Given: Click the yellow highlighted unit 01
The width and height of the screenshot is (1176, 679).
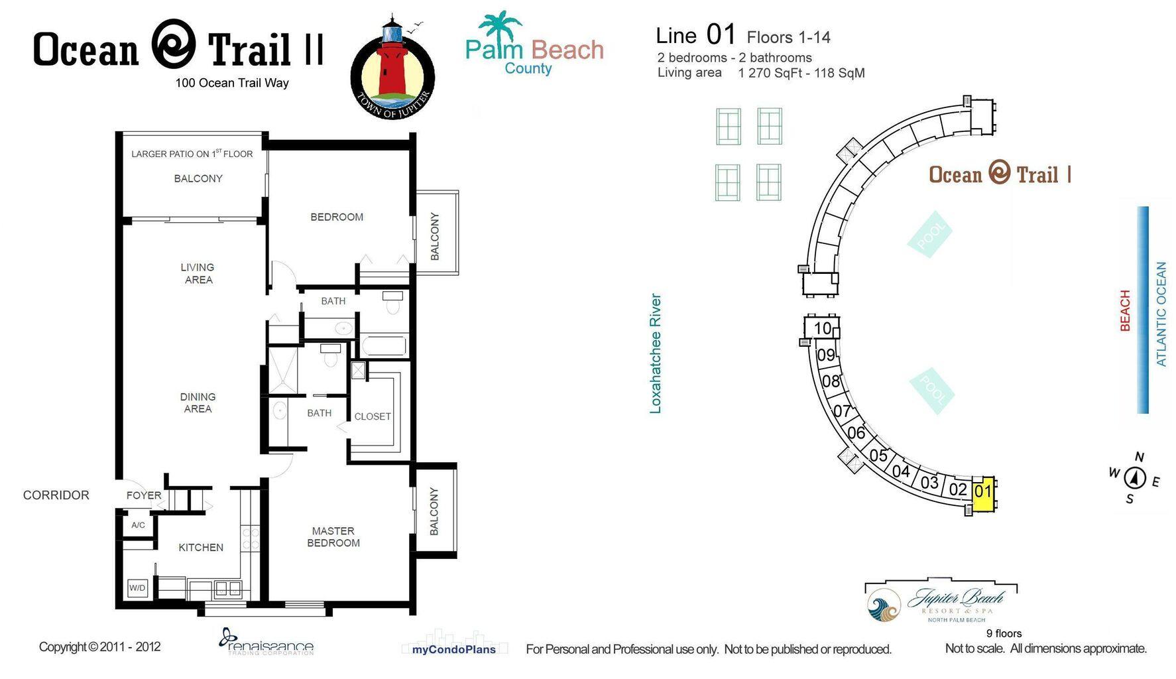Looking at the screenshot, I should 982,493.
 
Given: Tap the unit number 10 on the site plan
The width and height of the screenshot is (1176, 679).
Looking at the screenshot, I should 822,328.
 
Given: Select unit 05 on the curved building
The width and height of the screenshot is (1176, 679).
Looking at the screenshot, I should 878,456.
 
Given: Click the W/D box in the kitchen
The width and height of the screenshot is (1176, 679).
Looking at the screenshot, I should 137,587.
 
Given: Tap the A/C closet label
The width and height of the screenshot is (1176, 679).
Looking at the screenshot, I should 138,525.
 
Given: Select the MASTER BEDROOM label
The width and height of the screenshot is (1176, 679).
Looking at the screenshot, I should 333,536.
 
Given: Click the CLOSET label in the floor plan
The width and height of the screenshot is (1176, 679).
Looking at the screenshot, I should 372,416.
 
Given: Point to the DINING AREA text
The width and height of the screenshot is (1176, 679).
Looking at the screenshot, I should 198,402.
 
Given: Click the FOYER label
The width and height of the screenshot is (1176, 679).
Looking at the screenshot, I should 143,495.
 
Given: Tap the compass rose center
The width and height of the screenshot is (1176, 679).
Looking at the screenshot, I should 1135,477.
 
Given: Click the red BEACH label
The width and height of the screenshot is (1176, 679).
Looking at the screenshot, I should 1125,310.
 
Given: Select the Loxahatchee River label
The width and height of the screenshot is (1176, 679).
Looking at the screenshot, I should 656,353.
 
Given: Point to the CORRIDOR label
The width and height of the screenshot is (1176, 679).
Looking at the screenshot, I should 56,495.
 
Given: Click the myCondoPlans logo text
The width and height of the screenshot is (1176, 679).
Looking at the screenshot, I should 453,650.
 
